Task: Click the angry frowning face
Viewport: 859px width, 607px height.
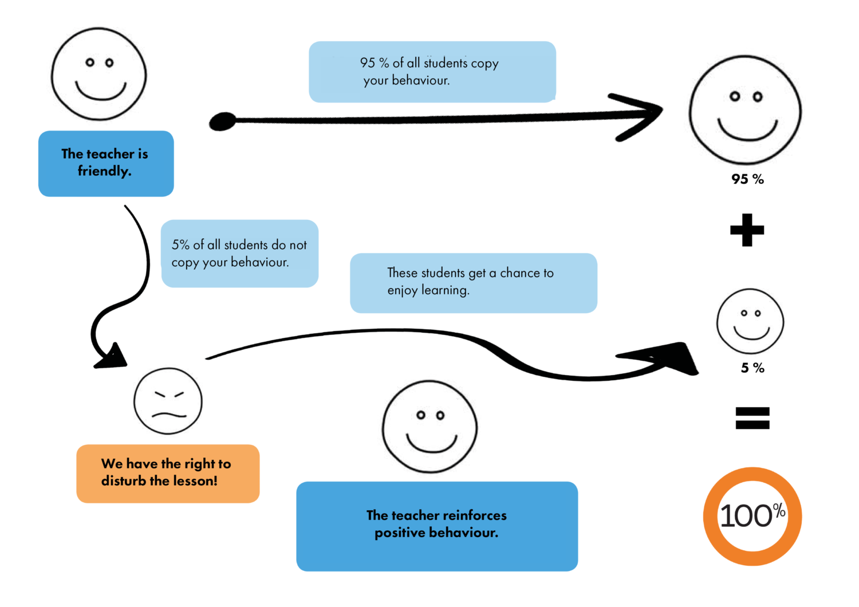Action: pos(168,401)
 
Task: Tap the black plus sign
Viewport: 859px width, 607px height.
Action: pos(747,230)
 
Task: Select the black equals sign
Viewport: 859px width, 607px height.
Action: pos(752,418)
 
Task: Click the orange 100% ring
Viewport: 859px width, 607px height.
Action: pos(752,517)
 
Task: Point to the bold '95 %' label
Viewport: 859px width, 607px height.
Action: pos(747,179)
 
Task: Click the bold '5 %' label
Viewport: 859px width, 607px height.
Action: pos(752,368)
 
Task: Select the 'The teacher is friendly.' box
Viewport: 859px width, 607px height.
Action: pos(106,164)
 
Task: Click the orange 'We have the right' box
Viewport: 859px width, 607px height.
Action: pos(168,474)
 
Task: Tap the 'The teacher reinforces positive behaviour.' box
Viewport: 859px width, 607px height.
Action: pos(437,526)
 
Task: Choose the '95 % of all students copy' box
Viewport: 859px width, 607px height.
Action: pos(432,72)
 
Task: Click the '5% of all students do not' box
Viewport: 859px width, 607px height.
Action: pos(239,254)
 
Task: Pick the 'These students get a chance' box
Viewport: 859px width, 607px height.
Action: pos(474,283)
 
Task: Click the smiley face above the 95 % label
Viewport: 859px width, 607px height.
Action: pos(745,110)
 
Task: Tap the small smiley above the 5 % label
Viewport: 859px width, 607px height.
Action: pos(750,321)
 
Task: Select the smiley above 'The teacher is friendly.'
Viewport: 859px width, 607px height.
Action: pos(99,74)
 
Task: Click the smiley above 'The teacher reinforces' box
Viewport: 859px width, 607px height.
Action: pos(429,427)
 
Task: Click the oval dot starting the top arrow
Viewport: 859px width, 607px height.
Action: pos(223,121)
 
